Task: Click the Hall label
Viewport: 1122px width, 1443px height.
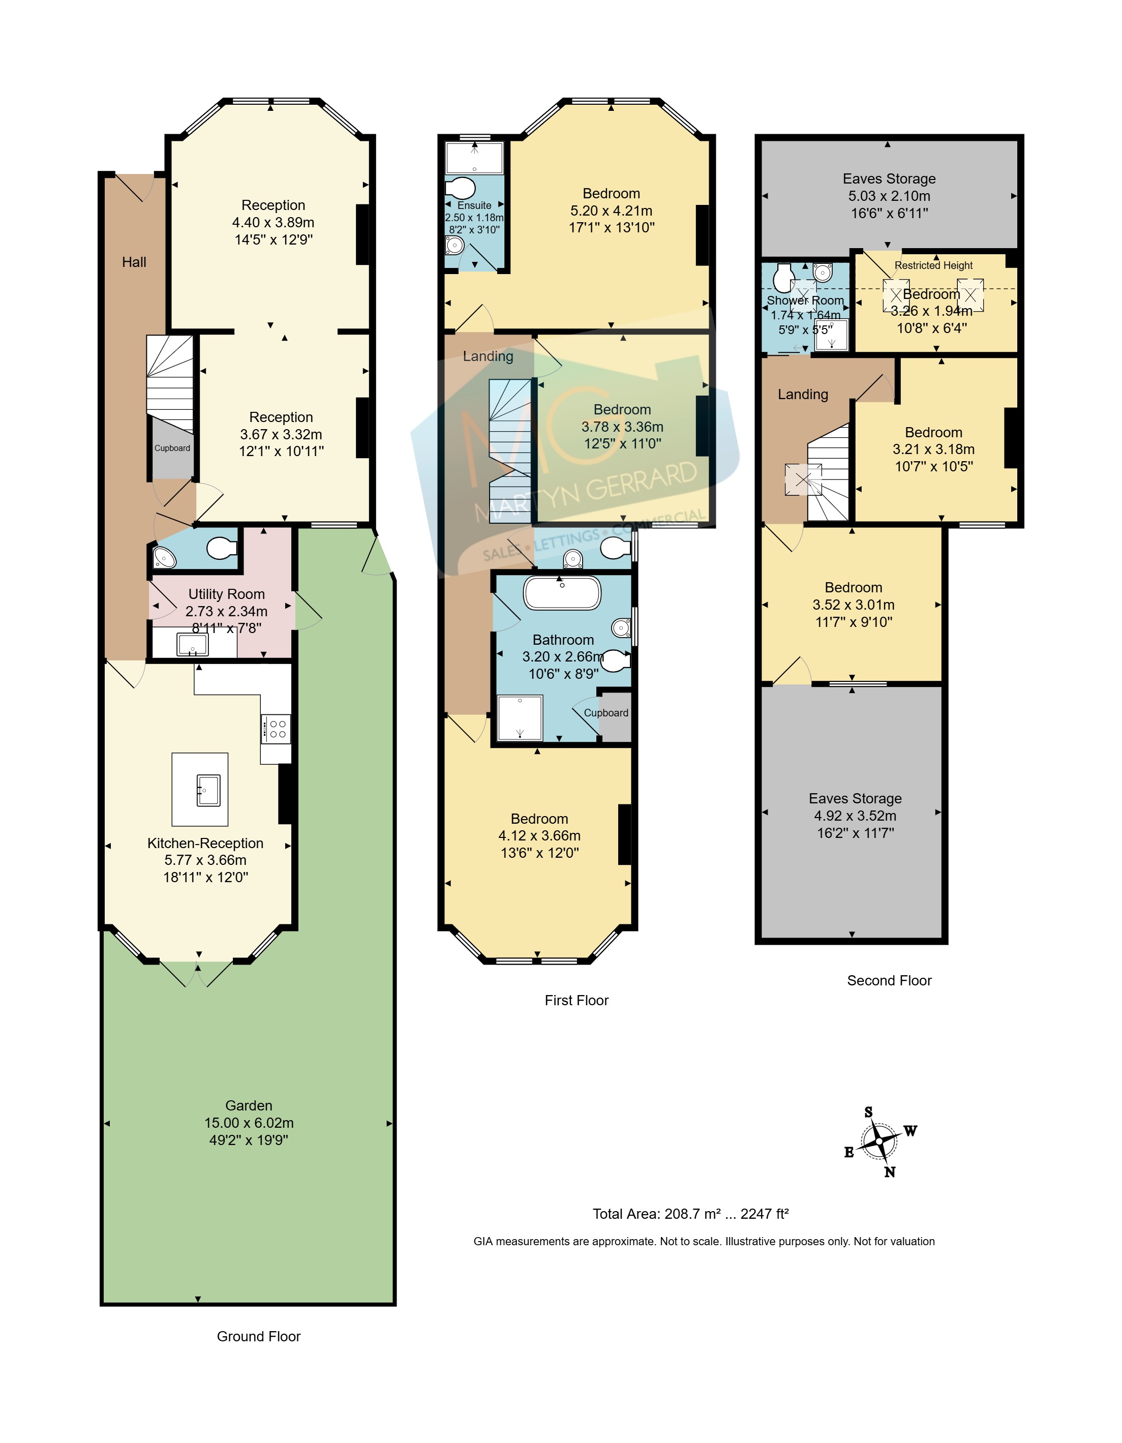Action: click(134, 262)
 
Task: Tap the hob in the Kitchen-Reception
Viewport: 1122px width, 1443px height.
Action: click(276, 729)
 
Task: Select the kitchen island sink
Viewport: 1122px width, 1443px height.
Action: click(208, 790)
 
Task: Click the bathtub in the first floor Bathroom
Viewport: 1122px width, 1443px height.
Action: click(562, 593)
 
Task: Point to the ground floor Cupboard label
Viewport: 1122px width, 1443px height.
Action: click(172, 448)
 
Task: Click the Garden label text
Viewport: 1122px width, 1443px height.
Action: click(249, 1105)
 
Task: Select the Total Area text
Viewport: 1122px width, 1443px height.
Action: click(690, 1214)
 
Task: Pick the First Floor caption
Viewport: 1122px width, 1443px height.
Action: click(576, 1000)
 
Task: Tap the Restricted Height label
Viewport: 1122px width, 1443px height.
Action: click(934, 265)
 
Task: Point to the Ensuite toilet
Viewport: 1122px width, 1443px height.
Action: click(461, 188)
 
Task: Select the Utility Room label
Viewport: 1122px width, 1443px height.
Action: click(227, 594)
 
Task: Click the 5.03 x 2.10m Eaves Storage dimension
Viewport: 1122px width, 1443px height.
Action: click(889, 196)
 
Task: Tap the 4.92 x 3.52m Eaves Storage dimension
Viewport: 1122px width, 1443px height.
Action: click(855, 816)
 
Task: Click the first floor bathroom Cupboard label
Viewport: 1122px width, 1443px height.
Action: click(606, 713)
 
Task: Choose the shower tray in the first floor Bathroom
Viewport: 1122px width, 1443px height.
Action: click(520, 717)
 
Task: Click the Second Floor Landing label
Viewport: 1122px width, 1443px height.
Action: click(803, 395)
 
